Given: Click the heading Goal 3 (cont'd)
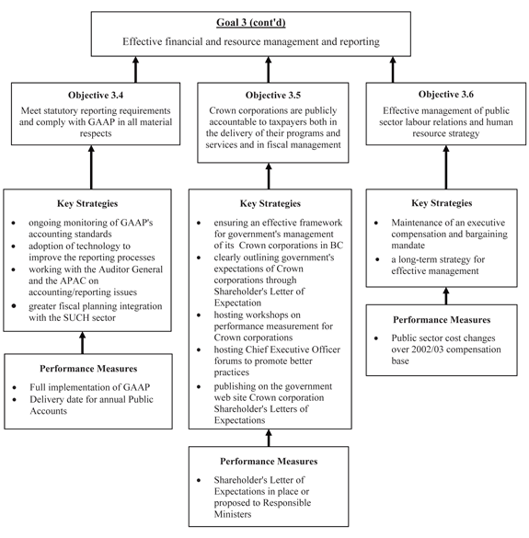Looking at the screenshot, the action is coord(251,23).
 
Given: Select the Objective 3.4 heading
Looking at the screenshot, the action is coord(96,95).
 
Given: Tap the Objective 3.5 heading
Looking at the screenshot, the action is coord(273,95).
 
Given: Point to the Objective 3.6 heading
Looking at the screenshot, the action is coord(446,95).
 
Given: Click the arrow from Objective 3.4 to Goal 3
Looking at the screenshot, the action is coord(135,69).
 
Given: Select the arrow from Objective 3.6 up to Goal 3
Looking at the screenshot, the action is coord(393,69).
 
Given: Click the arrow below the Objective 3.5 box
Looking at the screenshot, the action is coord(269,176).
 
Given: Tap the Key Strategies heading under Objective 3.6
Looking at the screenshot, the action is coord(442,203).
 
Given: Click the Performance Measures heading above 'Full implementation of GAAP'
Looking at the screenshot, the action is coord(88,369).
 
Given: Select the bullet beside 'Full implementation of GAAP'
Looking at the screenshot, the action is coord(15,388).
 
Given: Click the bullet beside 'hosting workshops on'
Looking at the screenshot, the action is coord(199,315).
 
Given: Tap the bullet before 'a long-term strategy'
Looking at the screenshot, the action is coord(377,259).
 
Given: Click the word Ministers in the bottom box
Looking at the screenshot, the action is coord(233,514).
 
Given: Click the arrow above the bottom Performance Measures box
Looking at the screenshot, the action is coord(269,438).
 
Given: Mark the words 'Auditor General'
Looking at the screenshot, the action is coord(131,269).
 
